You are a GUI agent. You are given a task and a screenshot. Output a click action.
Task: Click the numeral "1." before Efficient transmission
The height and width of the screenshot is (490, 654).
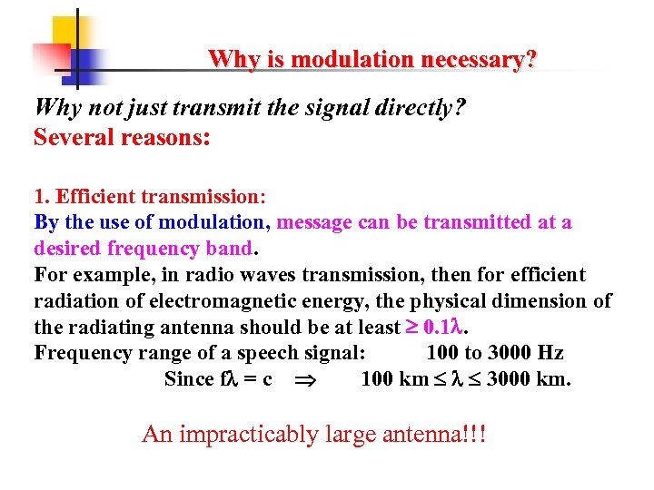[42, 196]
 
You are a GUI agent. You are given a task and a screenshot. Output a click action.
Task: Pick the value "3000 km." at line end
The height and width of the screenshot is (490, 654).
[529, 379]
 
